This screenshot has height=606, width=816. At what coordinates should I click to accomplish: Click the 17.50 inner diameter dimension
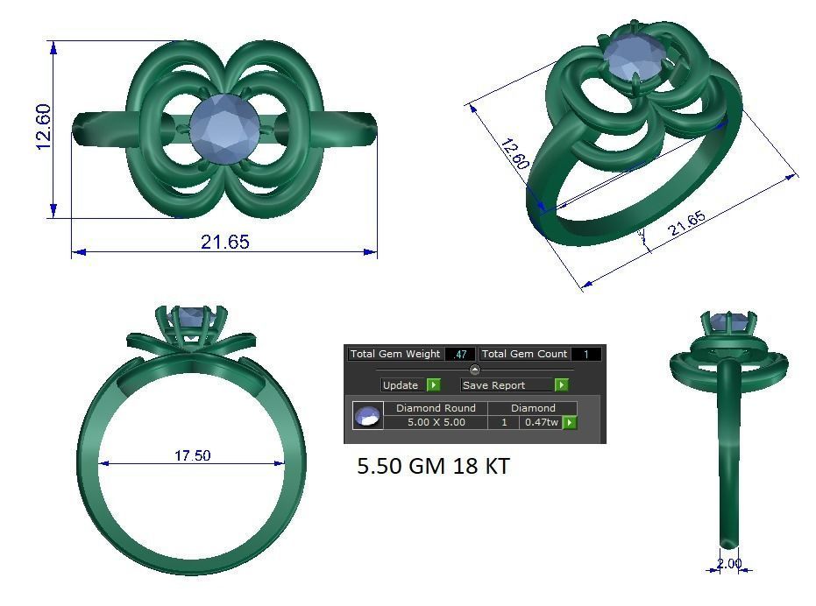point(192,455)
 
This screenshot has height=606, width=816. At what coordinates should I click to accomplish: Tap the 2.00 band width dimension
point(729,564)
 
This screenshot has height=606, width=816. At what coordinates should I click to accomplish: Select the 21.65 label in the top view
point(225,242)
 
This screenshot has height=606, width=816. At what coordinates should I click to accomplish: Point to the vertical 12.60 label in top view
point(45,127)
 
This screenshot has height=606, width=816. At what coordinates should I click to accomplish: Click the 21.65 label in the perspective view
point(686,225)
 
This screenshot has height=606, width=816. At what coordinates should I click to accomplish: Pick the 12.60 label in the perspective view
point(514,154)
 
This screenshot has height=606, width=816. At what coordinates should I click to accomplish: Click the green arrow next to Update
point(433,385)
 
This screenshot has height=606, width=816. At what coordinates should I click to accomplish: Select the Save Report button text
point(493,385)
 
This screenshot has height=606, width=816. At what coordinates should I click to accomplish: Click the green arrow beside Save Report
point(561,385)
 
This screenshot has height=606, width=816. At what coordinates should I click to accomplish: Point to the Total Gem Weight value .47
point(460,355)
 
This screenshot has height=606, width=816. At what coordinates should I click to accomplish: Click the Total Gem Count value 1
point(585,355)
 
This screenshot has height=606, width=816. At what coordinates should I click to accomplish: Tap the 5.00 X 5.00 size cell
point(436,422)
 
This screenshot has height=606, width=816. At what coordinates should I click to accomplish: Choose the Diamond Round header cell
point(436,408)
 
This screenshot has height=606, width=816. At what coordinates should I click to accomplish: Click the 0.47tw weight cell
point(541,422)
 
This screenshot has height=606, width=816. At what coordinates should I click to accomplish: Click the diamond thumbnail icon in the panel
point(368,415)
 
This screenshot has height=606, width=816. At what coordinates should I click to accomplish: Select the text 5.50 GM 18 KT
point(433,467)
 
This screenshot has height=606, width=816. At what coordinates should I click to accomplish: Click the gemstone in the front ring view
point(191,316)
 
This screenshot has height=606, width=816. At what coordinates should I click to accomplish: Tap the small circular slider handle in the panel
point(475,370)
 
